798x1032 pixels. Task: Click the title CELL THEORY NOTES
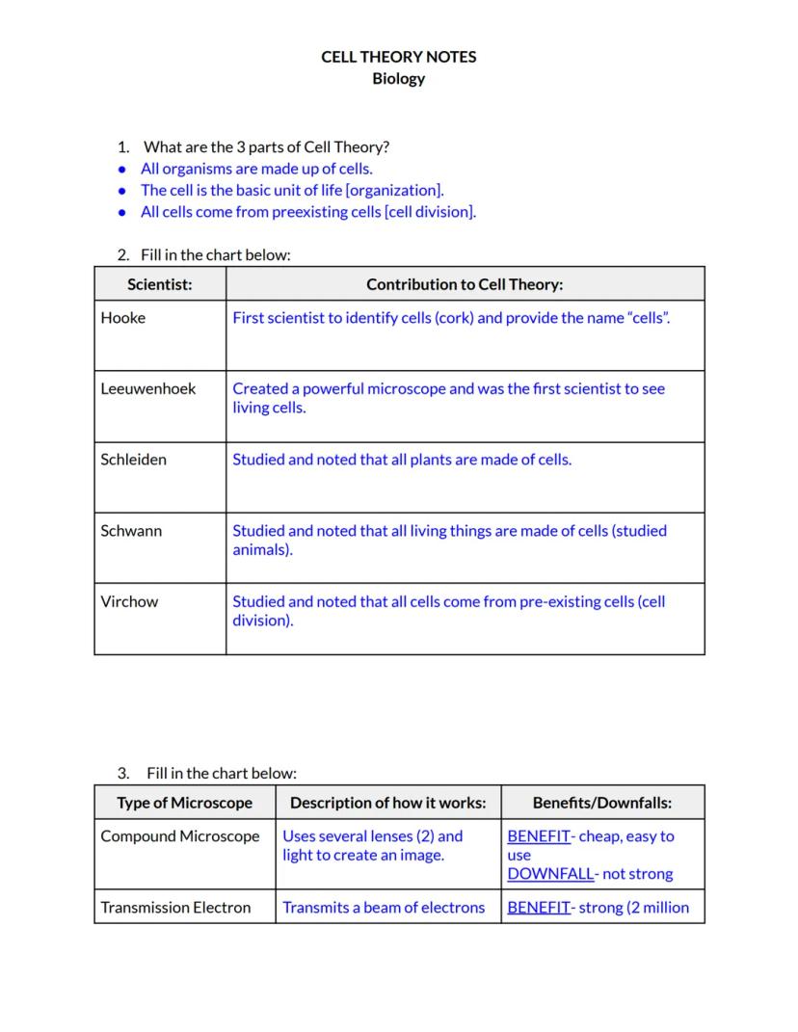click(x=398, y=57)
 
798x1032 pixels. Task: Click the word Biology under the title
click(x=398, y=79)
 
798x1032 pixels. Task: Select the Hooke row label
click(x=123, y=318)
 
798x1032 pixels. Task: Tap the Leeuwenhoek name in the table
click(x=148, y=388)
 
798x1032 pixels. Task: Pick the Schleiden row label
click(x=133, y=460)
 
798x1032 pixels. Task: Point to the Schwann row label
click(x=131, y=531)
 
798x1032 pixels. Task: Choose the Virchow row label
click(x=129, y=601)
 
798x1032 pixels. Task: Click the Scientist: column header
click(x=160, y=284)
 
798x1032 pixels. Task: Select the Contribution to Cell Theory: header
click(x=465, y=284)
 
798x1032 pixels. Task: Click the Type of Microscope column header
click(x=184, y=803)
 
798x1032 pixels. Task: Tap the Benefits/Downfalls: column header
click(x=602, y=803)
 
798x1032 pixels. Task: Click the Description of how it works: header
click(x=388, y=803)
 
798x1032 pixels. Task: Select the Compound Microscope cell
click(x=180, y=836)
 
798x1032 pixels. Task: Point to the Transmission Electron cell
click(x=175, y=907)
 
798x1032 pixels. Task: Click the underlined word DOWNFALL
click(x=550, y=874)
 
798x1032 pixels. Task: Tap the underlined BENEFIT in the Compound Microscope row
click(x=538, y=836)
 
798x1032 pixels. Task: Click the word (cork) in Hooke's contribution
click(x=455, y=318)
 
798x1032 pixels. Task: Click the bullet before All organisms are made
click(x=121, y=170)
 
